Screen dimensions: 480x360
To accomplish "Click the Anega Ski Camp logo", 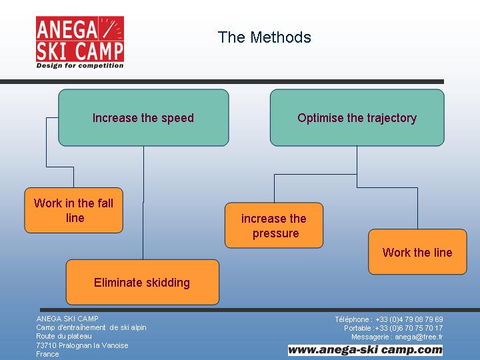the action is tap(80, 42).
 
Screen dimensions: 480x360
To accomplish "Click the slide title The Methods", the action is tap(265, 37).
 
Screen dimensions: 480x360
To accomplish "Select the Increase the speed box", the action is tap(143, 117).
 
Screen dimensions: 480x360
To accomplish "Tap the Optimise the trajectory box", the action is tap(357, 117).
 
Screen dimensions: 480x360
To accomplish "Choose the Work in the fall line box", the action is tap(74, 210).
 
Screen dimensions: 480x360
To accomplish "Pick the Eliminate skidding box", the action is tap(143, 282).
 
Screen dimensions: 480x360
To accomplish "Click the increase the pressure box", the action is tap(274, 225).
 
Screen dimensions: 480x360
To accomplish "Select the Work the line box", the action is tap(417, 251).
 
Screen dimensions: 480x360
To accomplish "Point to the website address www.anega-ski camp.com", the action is tap(365, 349).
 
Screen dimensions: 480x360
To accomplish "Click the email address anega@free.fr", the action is tap(419, 337).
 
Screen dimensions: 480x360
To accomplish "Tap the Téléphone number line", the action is tap(389, 319).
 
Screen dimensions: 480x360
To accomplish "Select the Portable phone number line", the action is tap(393, 328).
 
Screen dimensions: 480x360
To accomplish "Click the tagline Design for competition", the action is tap(80, 65).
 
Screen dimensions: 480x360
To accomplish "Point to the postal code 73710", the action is tap(46, 345).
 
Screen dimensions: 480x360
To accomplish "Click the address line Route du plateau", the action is tap(64, 336).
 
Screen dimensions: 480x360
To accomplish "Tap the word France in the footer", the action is tap(47, 354).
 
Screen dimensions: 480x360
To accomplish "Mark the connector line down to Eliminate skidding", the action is tap(143, 203).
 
